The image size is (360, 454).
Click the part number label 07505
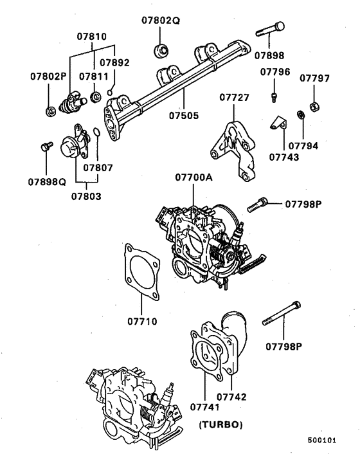click(184, 117)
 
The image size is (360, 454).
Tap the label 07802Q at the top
click(161, 21)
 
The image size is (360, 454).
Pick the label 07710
click(142, 320)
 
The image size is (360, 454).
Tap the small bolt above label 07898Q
click(46, 147)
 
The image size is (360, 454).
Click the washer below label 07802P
click(48, 112)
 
